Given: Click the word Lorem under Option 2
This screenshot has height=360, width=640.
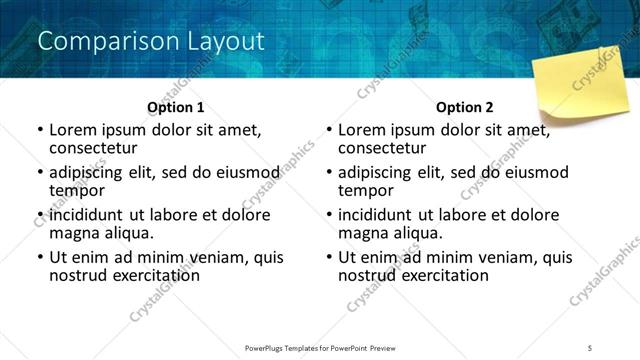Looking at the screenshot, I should tap(361, 130).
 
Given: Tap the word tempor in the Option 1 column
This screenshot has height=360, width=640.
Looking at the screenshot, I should tap(76, 190).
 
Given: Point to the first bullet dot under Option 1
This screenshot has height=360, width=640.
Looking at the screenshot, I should tap(39, 131).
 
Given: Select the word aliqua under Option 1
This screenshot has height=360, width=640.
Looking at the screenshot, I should tap(128, 233).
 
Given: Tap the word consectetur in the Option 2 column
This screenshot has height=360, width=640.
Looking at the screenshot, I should tap(383, 148).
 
